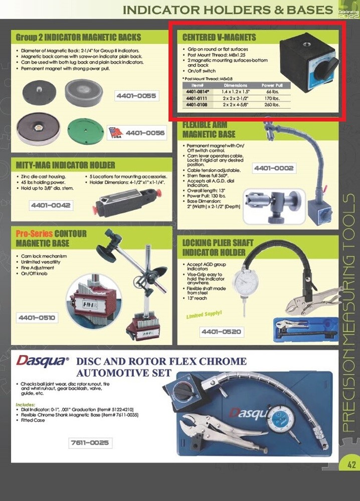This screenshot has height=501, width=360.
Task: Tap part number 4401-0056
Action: point(145,133)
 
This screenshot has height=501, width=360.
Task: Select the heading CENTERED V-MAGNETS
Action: point(219,38)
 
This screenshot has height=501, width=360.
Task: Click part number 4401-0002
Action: point(273,168)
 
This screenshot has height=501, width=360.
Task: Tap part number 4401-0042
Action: point(51,205)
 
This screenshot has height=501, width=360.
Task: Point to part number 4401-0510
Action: point(37,318)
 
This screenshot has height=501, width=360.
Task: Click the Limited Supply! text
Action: point(204,315)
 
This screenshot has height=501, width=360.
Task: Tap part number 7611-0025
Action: point(90,443)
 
